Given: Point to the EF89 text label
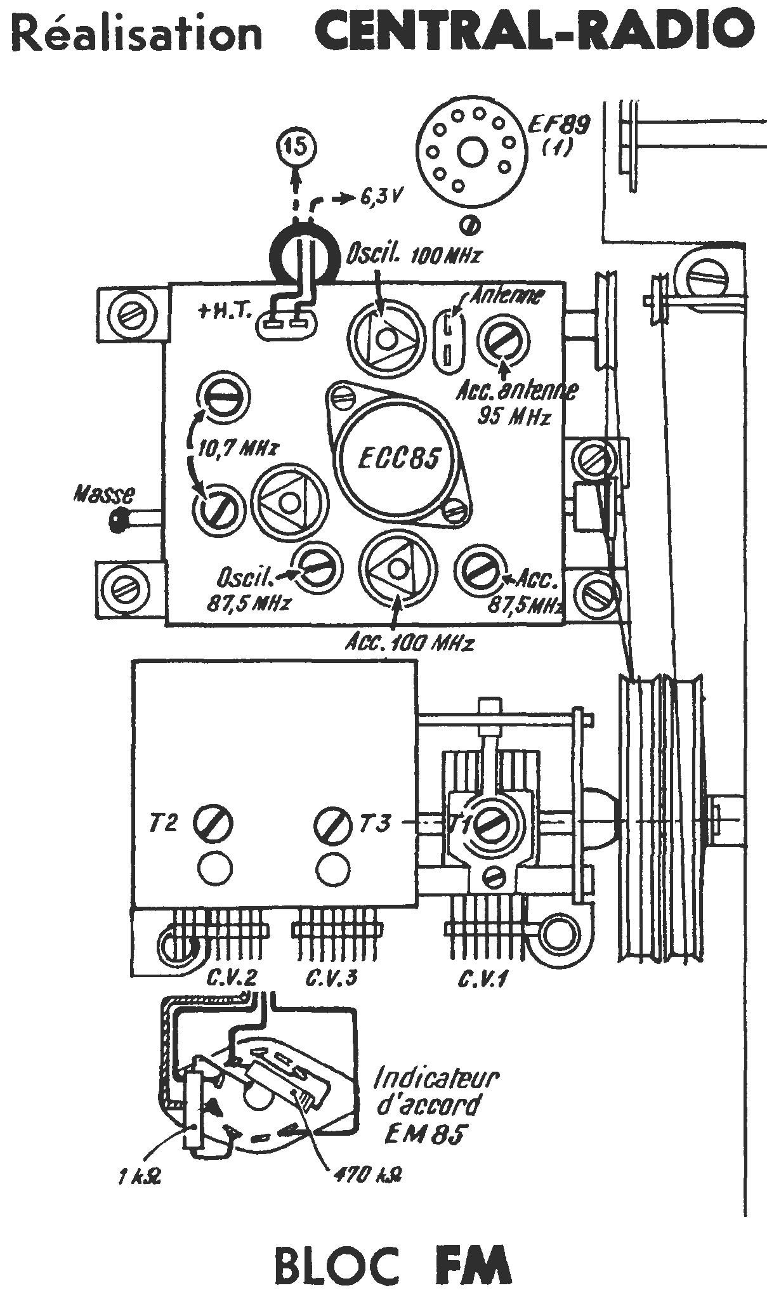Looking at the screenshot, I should coord(559,125).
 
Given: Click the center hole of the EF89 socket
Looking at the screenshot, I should coord(471,152).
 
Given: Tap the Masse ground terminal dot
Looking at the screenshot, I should coord(118,520).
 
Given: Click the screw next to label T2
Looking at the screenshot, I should coord(213,824).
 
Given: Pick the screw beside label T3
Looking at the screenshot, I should coord(333,824).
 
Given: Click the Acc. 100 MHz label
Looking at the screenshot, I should coord(409,643).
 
